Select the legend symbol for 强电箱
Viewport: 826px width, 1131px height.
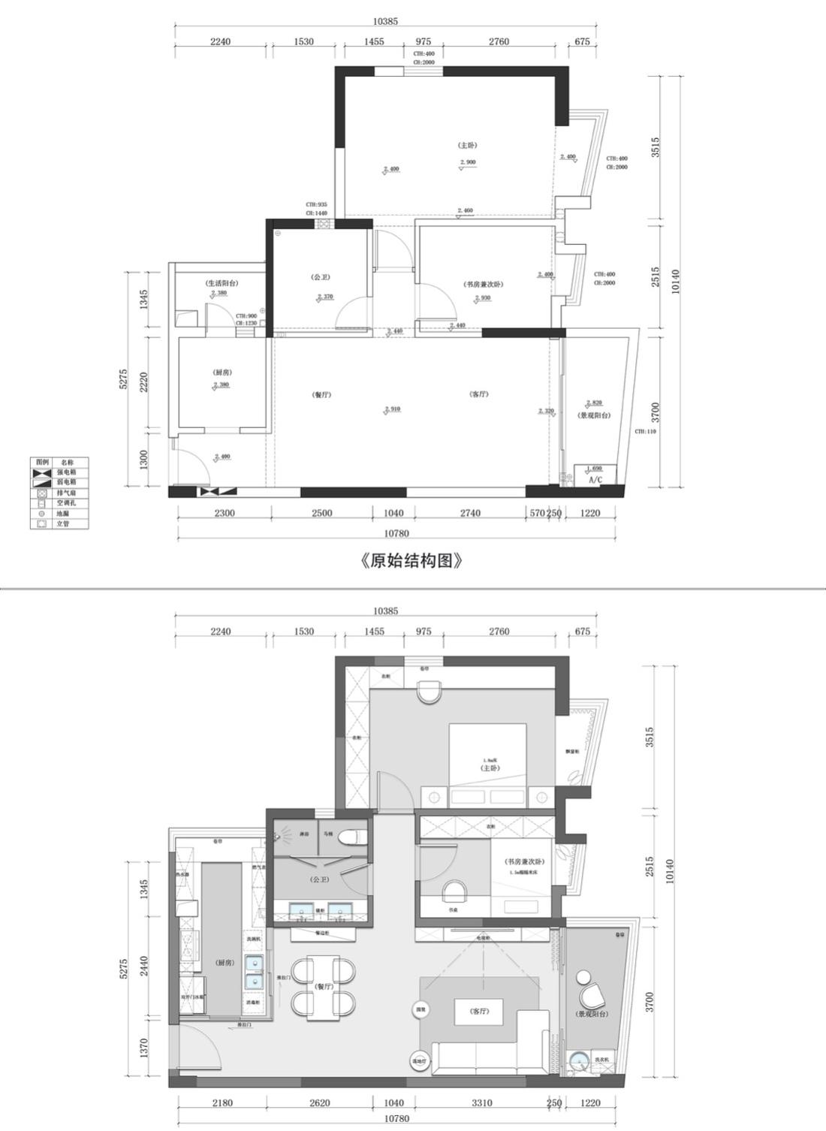pyautogui.click(x=41, y=472)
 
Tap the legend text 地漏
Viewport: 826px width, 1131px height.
pyautogui.click(x=63, y=514)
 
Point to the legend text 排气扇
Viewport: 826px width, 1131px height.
pyautogui.click(x=65, y=493)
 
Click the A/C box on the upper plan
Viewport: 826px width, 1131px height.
pyautogui.click(x=595, y=478)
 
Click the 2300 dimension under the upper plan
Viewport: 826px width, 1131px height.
pyautogui.click(x=224, y=513)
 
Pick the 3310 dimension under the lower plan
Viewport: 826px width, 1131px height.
pyautogui.click(x=481, y=1102)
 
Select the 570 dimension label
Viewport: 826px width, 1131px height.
pyautogui.click(x=537, y=513)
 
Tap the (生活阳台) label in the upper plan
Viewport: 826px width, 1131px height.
pyautogui.click(x=222, y=283)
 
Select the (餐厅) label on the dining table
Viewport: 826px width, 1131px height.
pyautogui.click(x=324, y=986)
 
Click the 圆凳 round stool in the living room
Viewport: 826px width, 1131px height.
pyautogui.click(x=421, y=1011)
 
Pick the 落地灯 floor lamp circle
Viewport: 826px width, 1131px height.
pyautogui.click(x=418, y=1061)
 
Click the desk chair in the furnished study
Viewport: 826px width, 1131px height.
pyautogui.click(x=454, y=891)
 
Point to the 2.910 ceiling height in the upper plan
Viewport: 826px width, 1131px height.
pyautogui.click(x=392, y=409)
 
